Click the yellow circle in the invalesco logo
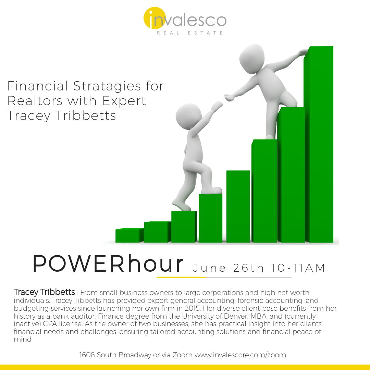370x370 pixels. point(155,18)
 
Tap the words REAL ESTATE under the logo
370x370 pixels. point(190,33)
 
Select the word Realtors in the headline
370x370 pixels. point(35,101)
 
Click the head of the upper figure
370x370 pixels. point(252,59)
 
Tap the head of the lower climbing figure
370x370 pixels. point(189,116)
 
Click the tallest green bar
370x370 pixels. point(319,145)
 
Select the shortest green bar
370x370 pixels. point(129,235)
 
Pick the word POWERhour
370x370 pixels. point(108,263)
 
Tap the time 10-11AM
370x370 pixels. point(298,268)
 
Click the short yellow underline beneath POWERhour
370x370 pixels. point(182,277)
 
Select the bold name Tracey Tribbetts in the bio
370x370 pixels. point(44,292)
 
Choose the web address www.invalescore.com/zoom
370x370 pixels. point(240,355)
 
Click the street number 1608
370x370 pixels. point(87,355)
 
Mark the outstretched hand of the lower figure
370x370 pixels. point(217,106)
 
